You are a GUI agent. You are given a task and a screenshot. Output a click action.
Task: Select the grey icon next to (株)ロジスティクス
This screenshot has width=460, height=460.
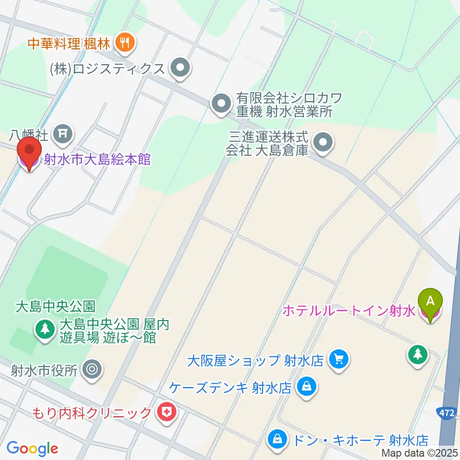(x=180, y=69)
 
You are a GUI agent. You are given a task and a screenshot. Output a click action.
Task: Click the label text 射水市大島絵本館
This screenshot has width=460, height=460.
(x=97, y=159)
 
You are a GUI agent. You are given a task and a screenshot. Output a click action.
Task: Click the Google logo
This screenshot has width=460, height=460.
(x=32, y=448)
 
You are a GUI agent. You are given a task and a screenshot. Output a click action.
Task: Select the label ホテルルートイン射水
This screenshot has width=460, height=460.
(x=348, y=311)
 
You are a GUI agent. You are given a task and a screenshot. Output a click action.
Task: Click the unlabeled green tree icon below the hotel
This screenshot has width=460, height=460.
(x=417, y=355)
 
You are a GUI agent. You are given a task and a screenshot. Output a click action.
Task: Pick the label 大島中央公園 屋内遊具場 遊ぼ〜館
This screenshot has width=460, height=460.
(x=114, y=331)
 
